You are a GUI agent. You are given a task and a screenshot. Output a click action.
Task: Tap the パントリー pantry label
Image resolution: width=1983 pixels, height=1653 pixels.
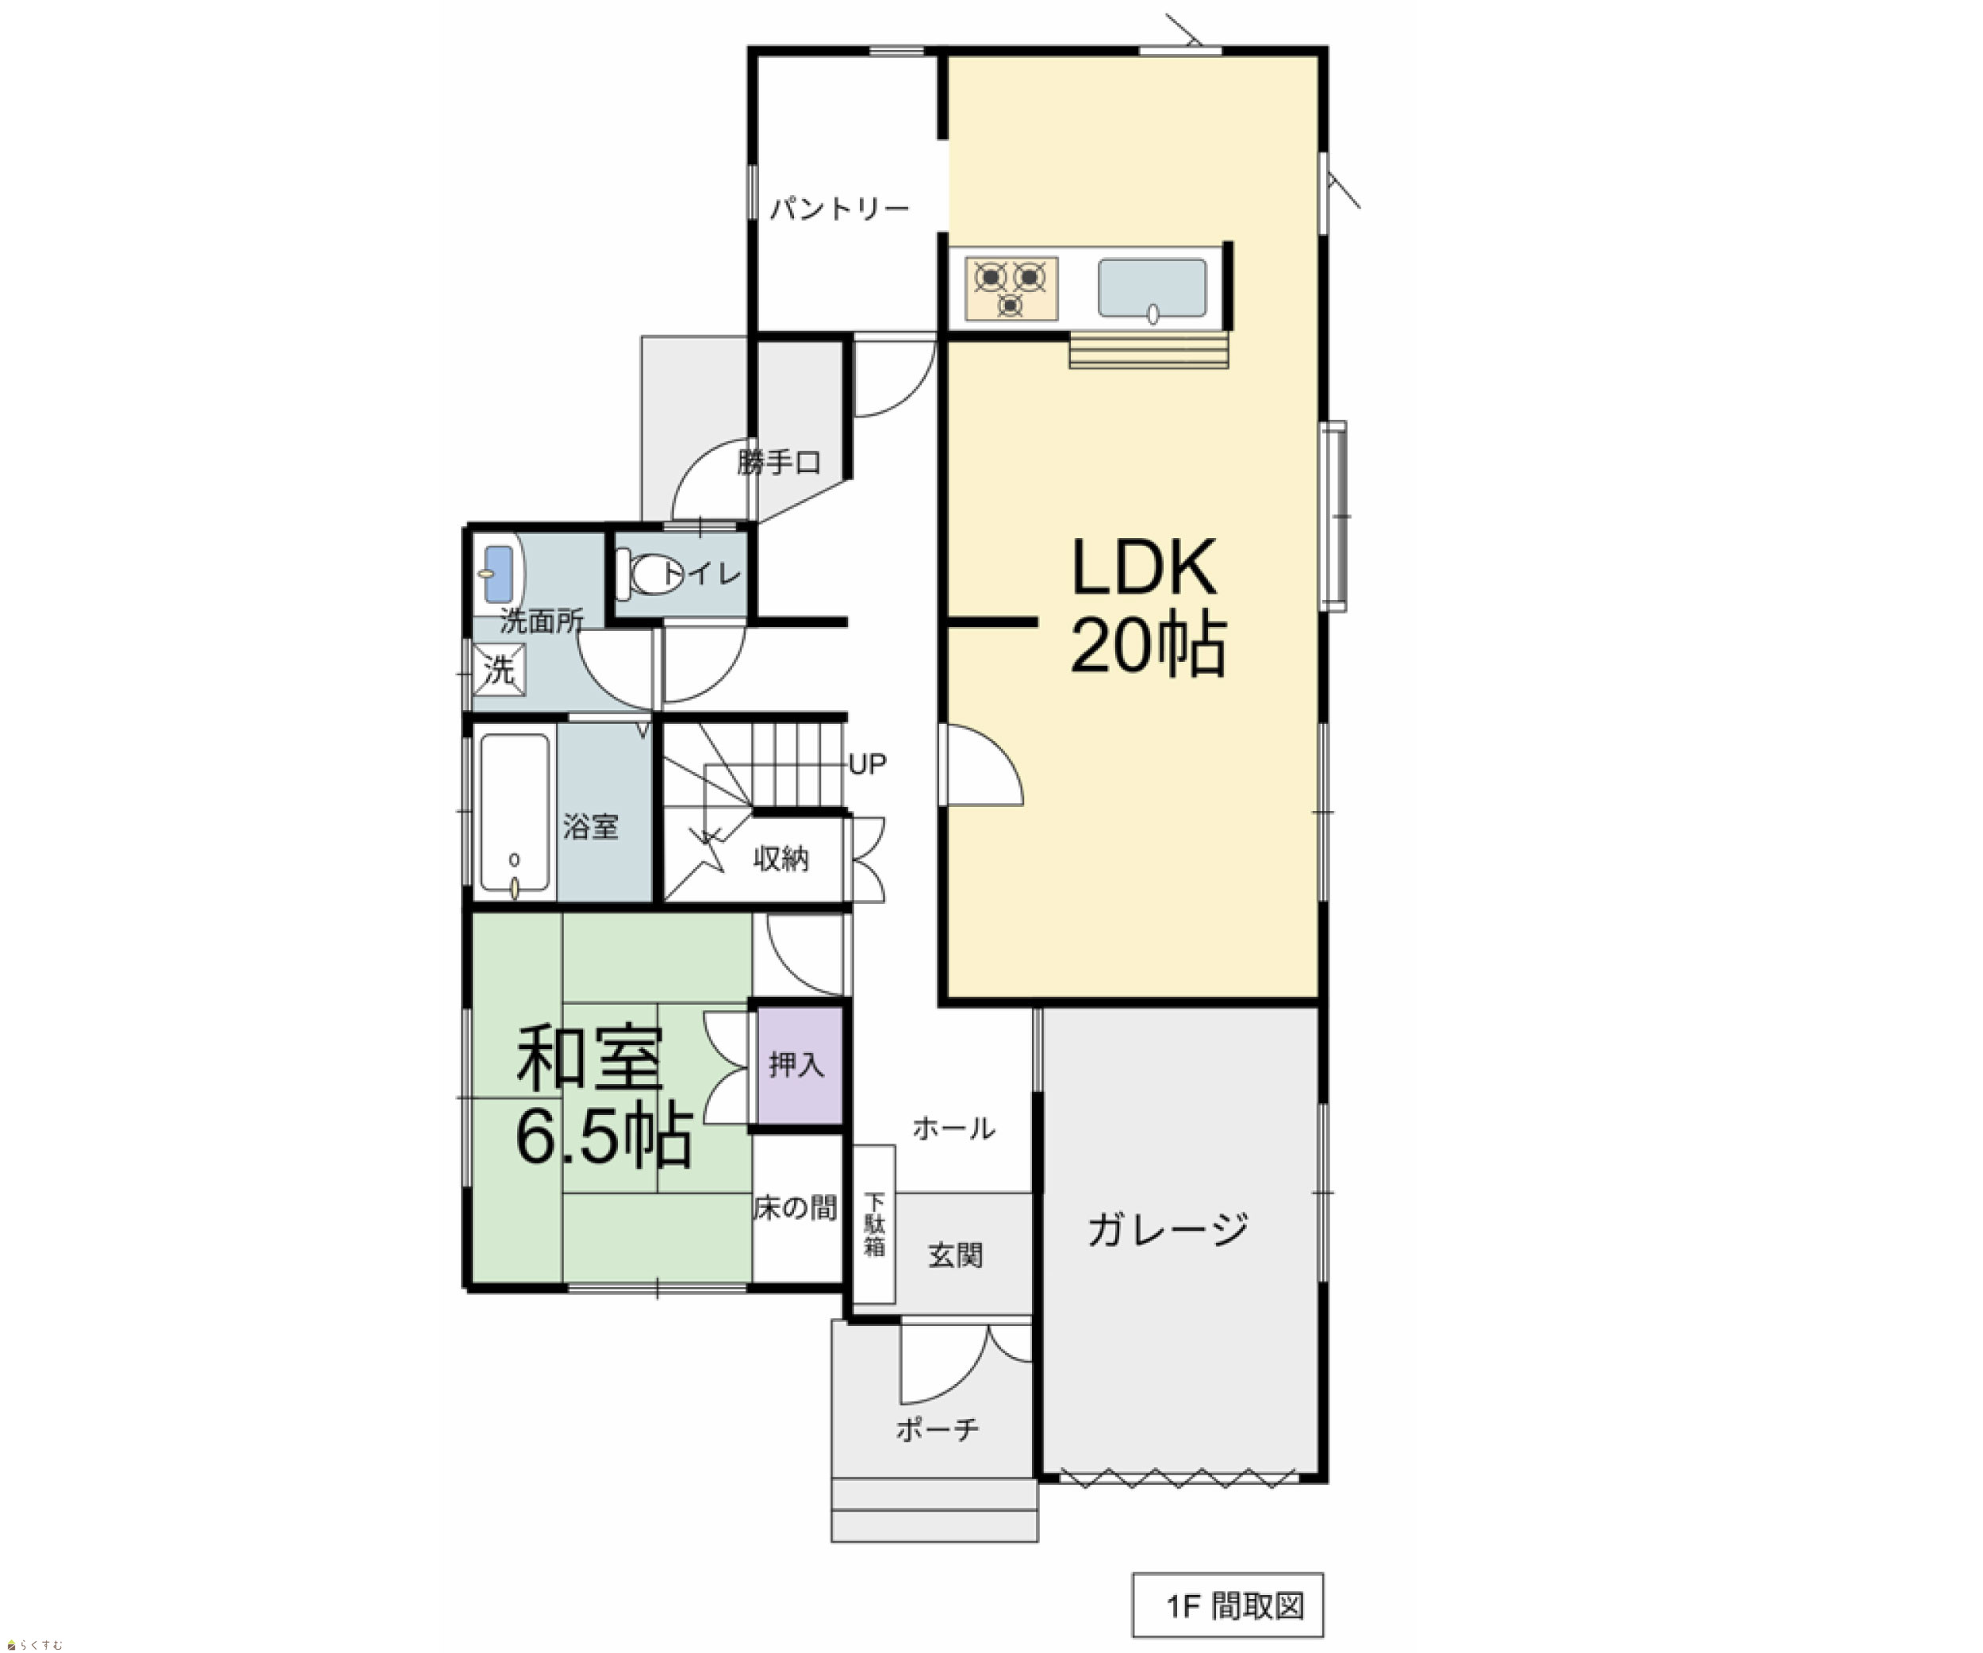[838, 208]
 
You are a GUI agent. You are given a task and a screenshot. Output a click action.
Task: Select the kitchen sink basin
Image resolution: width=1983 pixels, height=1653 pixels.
[1152, 288]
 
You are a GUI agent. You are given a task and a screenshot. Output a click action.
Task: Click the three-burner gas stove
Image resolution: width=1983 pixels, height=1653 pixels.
[1011, 288]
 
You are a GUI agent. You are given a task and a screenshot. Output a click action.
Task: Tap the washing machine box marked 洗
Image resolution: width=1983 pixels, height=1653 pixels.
[499, 670]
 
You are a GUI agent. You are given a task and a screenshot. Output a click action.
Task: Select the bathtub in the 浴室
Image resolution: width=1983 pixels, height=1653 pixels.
[514, 813]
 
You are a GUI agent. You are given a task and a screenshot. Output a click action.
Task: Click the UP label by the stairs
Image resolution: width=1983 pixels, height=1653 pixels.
[867, 764]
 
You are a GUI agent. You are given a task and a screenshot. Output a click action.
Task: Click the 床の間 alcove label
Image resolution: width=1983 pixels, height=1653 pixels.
[795, 1207]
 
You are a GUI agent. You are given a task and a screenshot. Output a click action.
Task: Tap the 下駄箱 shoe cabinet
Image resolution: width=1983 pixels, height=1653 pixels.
[874, 1224]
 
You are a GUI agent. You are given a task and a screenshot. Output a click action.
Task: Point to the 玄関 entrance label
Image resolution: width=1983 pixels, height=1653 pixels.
[956, 1255]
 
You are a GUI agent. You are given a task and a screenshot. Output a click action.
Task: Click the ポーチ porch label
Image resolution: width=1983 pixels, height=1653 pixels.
[937, 1429]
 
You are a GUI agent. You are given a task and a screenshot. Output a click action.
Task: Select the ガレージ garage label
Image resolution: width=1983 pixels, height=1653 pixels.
[1167, 1229]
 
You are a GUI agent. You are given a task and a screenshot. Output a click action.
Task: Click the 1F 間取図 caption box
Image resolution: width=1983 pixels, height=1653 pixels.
[1228, 1605]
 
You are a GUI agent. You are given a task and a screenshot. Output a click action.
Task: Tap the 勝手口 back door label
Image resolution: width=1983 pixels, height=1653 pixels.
[779, 463]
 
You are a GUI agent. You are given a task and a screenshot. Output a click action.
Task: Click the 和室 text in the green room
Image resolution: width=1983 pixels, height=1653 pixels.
[590, 1058]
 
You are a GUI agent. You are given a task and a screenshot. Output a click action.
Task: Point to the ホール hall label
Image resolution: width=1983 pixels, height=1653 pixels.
[953, 1128]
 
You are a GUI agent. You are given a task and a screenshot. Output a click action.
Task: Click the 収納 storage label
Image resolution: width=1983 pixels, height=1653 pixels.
[781, 859]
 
